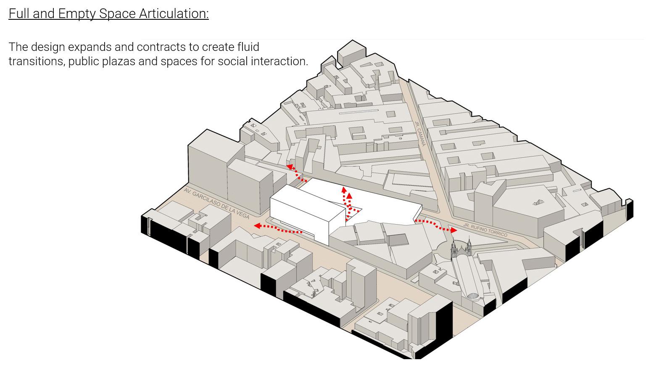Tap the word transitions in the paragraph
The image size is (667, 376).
[36, 61]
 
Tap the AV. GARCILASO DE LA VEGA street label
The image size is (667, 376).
[216, 204]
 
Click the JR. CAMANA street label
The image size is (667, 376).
[420, 134]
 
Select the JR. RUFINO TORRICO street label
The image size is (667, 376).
[485, 230]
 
